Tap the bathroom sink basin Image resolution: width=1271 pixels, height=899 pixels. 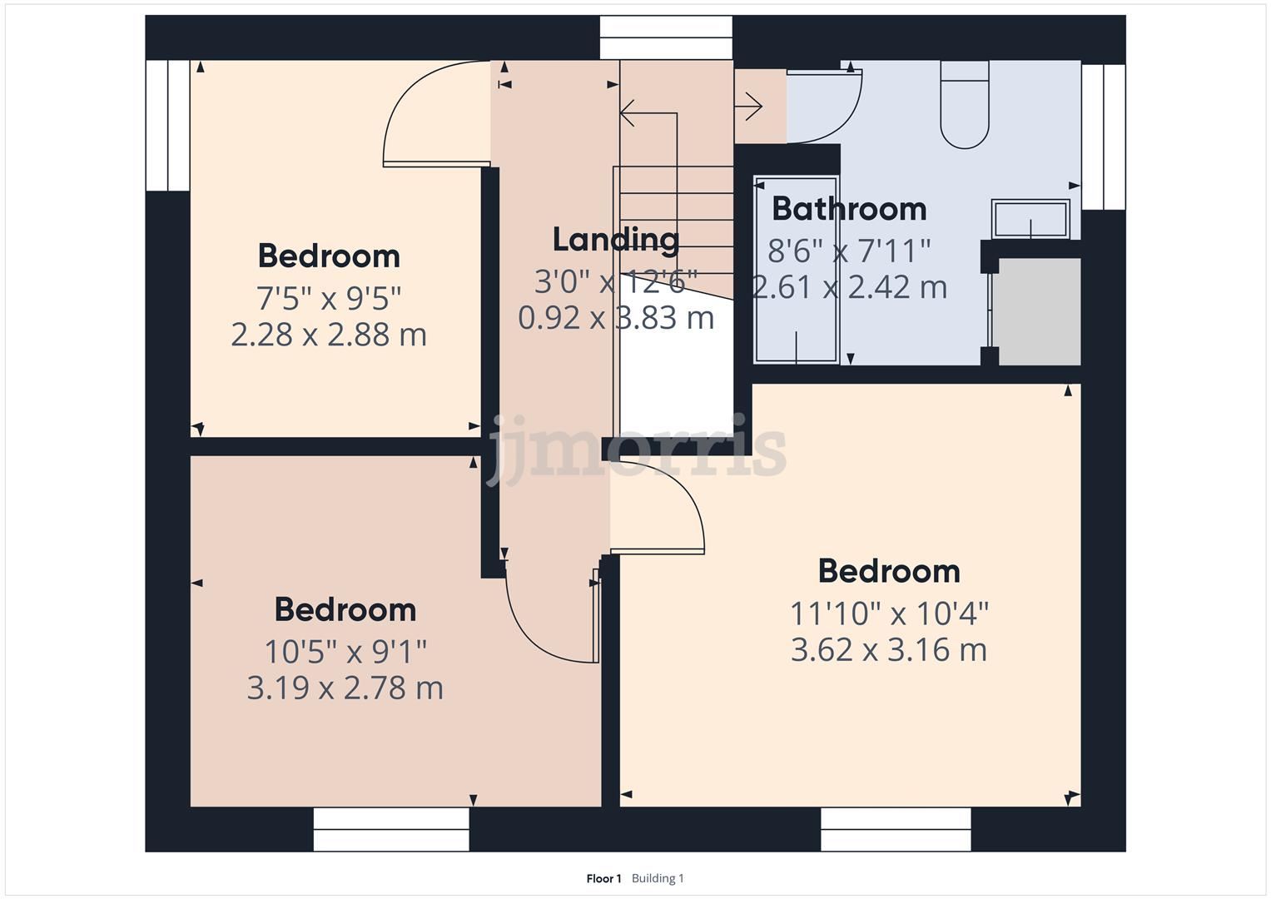click(x=1030, y=219)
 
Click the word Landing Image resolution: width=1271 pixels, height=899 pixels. click(x=616, y=240)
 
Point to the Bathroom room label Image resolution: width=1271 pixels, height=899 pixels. click(x=849, y=208)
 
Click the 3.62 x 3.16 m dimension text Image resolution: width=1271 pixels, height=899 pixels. click(x=888, y=649)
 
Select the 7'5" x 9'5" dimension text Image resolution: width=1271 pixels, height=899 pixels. click(x=329, y=296)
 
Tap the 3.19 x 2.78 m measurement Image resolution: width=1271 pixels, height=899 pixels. click(x=345, y=688)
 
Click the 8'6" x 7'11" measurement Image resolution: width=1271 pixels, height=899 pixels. click(x=849, y=250)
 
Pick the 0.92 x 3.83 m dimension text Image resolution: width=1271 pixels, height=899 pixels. click(x=616, y=318)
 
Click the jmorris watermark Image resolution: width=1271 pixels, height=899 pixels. click(x=637, y=450)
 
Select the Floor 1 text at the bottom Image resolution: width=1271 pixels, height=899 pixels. click(x=603, y=878)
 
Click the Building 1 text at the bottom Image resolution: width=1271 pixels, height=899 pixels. click(x=658, y=878)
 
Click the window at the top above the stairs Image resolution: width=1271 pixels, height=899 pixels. click(x=666, y=37)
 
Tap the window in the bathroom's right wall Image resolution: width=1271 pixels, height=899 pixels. click(x=1104, y=136)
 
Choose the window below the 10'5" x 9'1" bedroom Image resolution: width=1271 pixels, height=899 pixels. click(x=391, y=829)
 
